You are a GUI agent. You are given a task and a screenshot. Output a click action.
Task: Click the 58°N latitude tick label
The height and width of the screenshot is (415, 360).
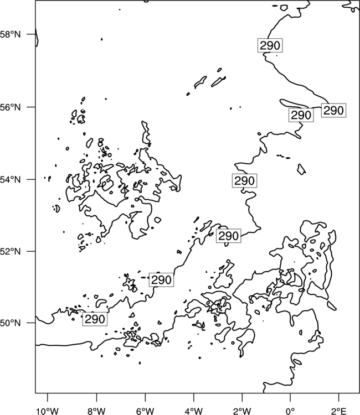coord(10,34)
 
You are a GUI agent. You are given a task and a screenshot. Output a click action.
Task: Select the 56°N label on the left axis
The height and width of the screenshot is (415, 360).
coord(10,107)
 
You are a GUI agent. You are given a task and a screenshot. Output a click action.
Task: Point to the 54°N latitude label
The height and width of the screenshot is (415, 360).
coord(10,179)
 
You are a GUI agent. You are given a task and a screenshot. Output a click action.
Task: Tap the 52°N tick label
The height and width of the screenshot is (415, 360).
coord(10,251)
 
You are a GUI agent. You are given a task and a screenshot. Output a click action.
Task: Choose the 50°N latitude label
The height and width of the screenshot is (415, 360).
coord(10,323)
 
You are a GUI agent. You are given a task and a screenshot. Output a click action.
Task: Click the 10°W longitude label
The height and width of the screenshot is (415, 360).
coord(47,411)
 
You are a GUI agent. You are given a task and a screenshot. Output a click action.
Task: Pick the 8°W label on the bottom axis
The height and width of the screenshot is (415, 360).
coord(96,411)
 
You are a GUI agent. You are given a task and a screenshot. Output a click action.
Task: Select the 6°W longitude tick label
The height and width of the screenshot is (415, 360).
coord(145,411)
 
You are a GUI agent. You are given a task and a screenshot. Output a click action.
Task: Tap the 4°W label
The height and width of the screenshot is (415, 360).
coord(194,411)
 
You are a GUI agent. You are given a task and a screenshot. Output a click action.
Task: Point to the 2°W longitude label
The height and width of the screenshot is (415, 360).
coord(242,411)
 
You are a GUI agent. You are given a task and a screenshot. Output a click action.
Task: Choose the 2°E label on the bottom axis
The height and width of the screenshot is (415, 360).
coord(338,411)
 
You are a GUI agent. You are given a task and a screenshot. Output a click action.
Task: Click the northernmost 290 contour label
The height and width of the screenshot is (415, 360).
coord(270,45)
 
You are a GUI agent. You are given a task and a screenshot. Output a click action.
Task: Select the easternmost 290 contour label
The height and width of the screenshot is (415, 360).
coord(334,110)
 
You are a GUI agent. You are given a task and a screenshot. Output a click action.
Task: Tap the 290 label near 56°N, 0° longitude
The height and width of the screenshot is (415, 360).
coord(301,115)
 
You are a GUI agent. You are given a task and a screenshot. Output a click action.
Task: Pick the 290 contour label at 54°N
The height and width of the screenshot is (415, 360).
coord(244,181)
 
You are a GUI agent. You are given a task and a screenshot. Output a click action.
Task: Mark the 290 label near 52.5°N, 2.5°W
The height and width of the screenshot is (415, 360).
coord(229,236)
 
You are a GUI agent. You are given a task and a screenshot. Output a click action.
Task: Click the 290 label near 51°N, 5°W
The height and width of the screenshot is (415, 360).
coord(161,280)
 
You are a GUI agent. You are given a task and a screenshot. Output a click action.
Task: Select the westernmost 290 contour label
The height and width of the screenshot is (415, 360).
coord(95,319)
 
